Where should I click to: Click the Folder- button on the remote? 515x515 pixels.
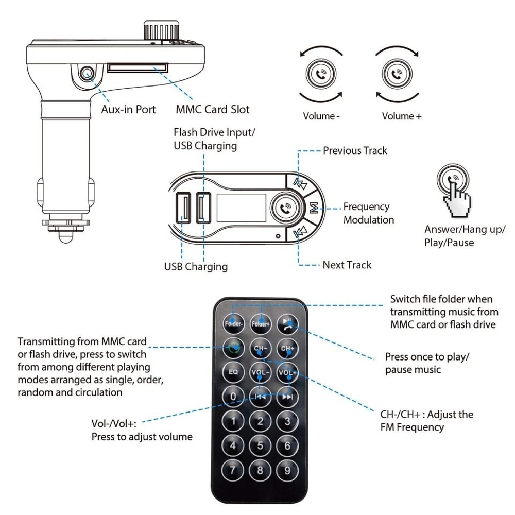pyautogui.click(x=233, y=323)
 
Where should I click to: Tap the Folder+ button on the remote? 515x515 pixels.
pyautogui.click(x=261, y=323)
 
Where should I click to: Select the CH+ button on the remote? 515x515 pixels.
pyautogui.click(x=287, y=349)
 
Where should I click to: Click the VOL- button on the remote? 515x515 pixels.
pyautogui.click(x=260, y=372)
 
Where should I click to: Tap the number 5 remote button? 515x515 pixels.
pyautogui.click(x=260, y=445)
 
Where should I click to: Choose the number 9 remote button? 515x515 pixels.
pyautogui.click(x=287, y=469)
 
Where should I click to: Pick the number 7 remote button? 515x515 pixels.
pyautogui.click(x=233, y=469)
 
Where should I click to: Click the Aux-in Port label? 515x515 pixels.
pyautogui.click(x=128, y=109)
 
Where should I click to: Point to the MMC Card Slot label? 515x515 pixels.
pyautogui.click(x=212, y=109)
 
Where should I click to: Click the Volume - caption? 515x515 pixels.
pyautogui.click(x=321, y=116)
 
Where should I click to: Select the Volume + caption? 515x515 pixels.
pyautogui.click(x=402, y=116)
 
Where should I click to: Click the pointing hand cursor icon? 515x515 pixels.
pyautogui.click(x=457, y=199)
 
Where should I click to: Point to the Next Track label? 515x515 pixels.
pyautogui.click(x=347, y=265)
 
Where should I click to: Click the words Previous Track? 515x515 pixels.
pyautogui.click(x=355, y=151)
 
